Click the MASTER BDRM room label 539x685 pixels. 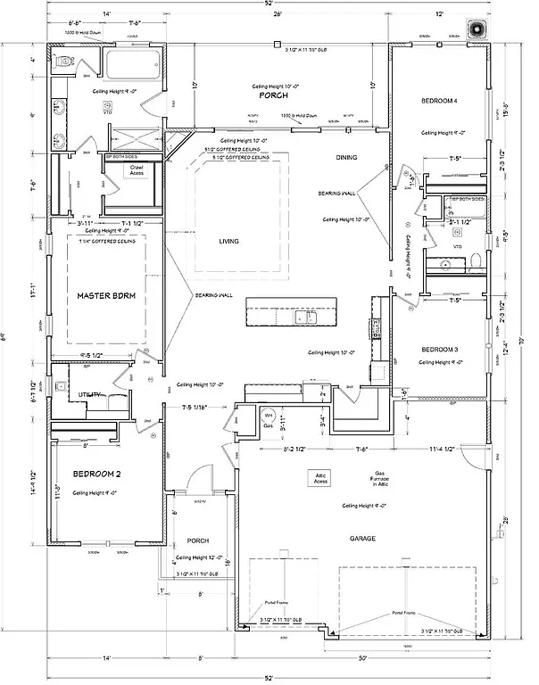tap(104, 295)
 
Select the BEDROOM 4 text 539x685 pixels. tap(439, 103)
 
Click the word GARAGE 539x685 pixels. tap(363, 539)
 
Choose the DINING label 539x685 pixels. tap(346, 158)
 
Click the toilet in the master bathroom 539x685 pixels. tap(63, 63)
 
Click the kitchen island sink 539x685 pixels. tap(309, 318)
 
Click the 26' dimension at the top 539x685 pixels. tap(278, 14)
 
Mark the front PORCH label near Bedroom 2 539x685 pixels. tap(198, 541)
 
